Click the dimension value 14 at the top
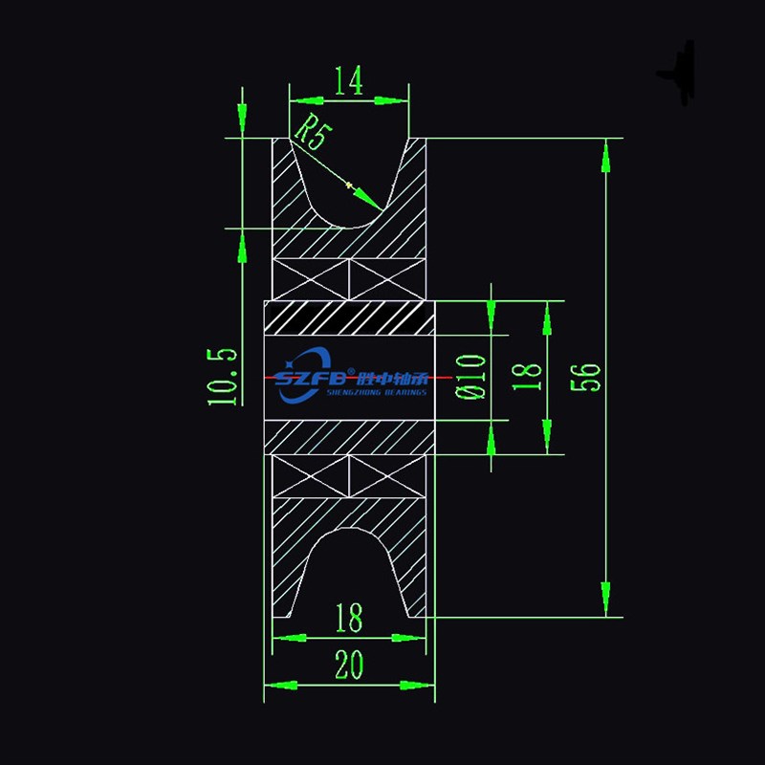pyautogui.click(x=349, y=82)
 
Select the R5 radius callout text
pyautogui.click(x=310, y=131)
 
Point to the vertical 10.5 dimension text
pyautogui.click(x=222, y=376)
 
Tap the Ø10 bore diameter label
pyautogui.click(x=472, y=375)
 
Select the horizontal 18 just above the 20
pyautogui.click(x=349, y=619)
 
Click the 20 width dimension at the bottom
pyautogui.click(x=349, y=664)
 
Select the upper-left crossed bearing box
pyautogui.click(x=312, y=277)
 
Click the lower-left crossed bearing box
pyautogui.click(x=312, y=476)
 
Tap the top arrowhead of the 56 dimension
pyautogui.click(x=604, y=145)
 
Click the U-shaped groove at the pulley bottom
pyautogui.click(x=349, y=564)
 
